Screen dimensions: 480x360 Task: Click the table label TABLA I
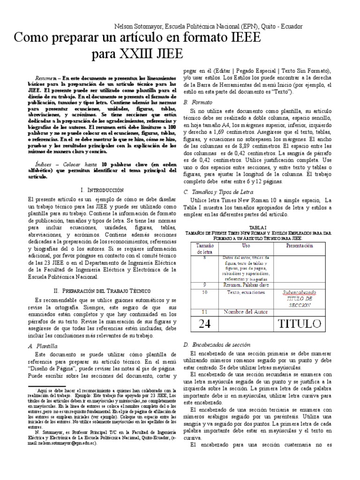click(258, 227)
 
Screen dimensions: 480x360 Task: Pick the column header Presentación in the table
click(300, 246)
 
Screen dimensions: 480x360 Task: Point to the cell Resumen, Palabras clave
click(246, 285)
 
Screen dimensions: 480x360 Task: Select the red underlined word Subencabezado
click(300, 292)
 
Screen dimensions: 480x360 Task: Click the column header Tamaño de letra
click(204, 248)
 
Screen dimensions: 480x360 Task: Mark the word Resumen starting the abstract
click(45, 76)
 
